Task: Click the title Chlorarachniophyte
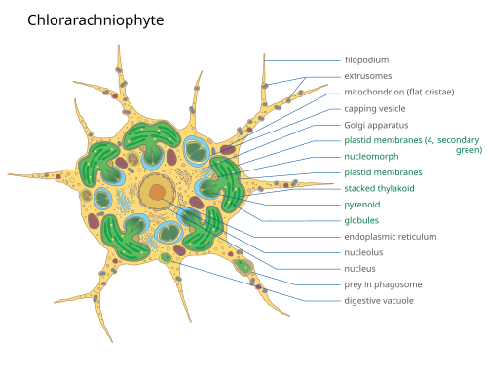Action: point(95,20)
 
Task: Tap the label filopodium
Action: point(366,60)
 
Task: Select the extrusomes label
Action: point(368,76)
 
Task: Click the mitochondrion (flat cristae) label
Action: point(399,93)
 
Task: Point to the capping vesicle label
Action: point(375,109)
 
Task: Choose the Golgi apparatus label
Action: point(376,125)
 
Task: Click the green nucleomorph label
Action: point(371,157)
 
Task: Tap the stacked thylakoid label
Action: point(379,188)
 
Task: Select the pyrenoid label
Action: point(362,205)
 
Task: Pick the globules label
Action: point(361,220)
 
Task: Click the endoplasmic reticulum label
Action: point(391,237)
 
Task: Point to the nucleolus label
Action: point(363,252)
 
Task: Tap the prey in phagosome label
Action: point(383,284)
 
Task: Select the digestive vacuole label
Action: point(379,301)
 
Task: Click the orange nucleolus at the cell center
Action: point(158,192)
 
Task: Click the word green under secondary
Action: point(468,150)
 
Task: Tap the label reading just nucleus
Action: point(359,269)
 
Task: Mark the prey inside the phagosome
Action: point(243,267)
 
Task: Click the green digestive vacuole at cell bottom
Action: point(166,258)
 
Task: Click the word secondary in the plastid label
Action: point(458,140)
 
